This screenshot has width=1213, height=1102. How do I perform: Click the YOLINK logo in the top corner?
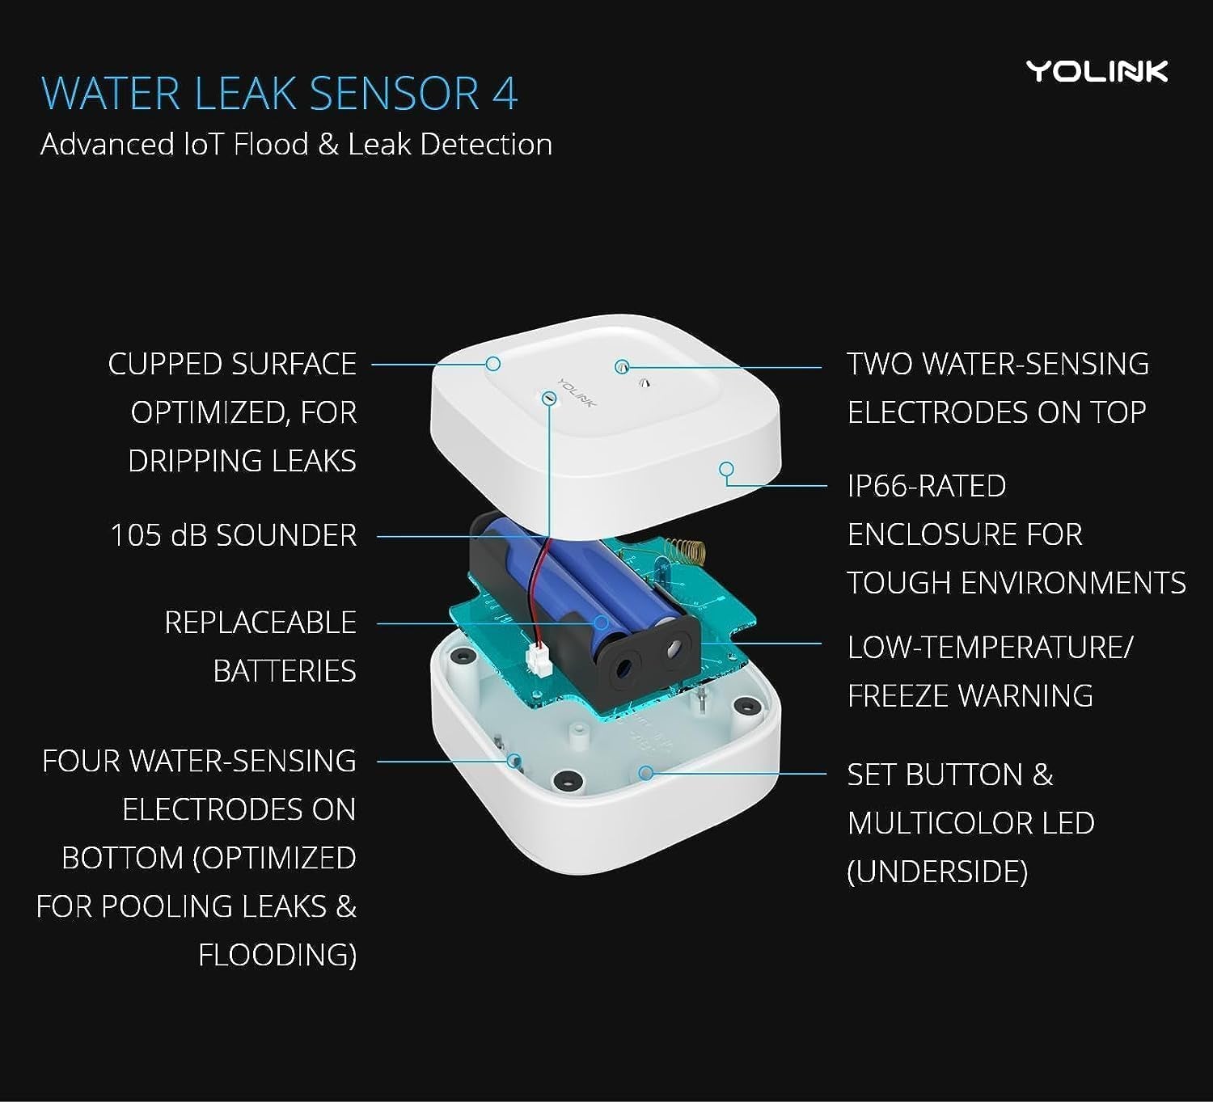coord(1097,71)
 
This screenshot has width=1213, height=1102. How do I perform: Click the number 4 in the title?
coord(505,94)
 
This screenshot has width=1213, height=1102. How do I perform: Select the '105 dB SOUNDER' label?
coord(233,535)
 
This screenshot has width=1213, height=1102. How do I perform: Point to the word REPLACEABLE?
coord(260,623)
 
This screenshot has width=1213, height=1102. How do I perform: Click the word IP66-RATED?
coord(926,486)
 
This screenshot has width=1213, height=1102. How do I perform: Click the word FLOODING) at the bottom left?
coord(277,955)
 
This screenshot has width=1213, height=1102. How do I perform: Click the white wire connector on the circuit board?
coord(538,662)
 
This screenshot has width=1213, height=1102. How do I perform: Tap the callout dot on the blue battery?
coord(602,623)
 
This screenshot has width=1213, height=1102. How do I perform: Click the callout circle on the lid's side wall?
coord(726,469)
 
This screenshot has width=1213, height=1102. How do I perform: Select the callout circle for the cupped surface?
coord(492,364)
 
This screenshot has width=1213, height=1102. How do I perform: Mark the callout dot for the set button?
coord(645,773)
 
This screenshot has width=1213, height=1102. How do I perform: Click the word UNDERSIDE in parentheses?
coord(937,872)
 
